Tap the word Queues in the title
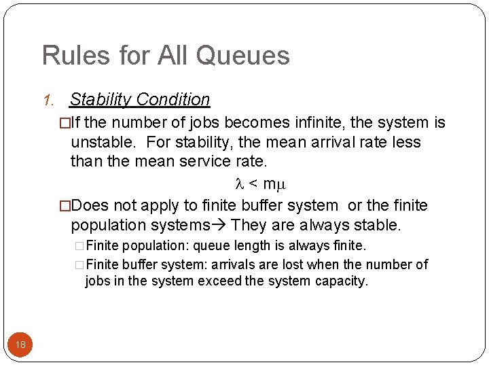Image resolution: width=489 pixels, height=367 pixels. (x=250, y=56)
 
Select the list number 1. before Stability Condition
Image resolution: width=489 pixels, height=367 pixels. (x=48, y=101)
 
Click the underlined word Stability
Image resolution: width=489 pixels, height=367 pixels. (x=101, y=99)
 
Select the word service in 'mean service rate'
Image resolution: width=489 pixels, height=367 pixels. (x=214, y=162)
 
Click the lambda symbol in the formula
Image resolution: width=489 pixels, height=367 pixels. (x=238, y=183)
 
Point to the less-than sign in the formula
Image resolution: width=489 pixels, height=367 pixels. (x=252, y=183)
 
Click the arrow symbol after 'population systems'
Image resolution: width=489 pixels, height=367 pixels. (x=220, y=225)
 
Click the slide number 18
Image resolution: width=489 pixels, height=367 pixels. (x=20, y=345)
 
